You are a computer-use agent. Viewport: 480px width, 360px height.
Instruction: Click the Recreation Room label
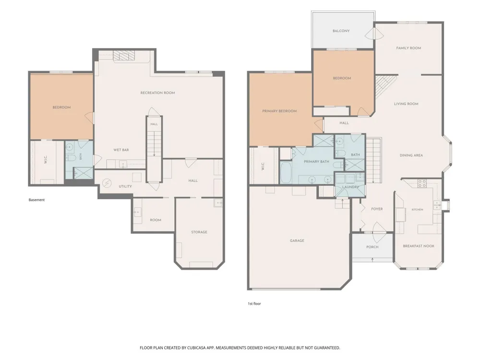157,93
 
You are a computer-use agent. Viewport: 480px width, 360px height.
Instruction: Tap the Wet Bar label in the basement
121,150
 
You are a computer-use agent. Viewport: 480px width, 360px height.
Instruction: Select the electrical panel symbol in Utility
107,183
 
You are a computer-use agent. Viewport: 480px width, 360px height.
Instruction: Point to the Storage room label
199,232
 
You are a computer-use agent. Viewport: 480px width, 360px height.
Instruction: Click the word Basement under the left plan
37,200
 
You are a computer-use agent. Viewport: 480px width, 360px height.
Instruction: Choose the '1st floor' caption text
254,304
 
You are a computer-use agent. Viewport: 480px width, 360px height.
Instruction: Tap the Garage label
297,240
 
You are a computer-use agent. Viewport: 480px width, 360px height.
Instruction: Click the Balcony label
341,31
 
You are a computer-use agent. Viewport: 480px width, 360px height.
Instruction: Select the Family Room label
408,48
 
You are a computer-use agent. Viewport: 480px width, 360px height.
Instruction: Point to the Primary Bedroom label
279,111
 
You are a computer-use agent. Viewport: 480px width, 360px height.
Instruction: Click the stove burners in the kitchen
422,183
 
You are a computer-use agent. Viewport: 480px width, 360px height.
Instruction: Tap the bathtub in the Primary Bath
287,173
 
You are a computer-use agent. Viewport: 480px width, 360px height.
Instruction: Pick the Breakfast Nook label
419,246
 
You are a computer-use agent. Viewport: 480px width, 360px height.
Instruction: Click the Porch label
372,247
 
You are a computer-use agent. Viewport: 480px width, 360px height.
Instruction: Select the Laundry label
350,187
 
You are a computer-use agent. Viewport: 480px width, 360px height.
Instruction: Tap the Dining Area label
411,156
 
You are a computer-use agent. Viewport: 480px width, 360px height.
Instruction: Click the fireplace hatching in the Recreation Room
124,55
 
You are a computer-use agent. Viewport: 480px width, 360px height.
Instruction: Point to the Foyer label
377,209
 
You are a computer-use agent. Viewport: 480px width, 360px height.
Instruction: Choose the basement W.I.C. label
46,160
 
